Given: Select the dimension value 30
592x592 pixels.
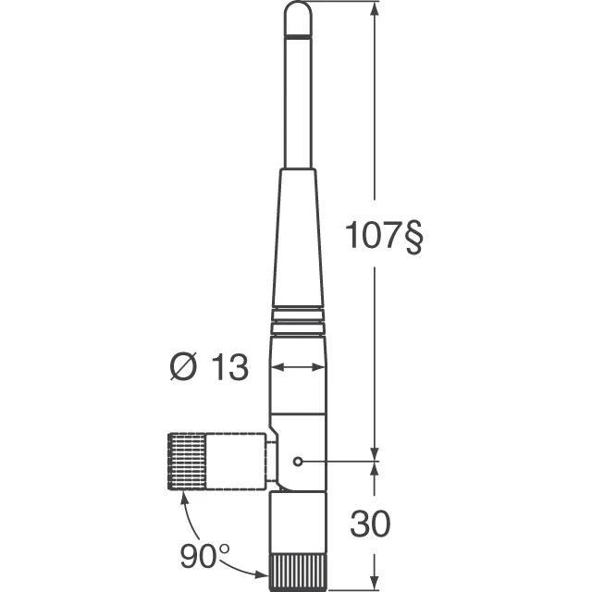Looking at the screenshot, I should click(370, 524).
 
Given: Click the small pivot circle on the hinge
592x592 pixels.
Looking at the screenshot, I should click(297, 461).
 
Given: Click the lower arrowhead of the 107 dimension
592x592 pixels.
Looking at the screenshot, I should click(375, 450).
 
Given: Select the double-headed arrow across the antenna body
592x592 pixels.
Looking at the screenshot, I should click(298, 368).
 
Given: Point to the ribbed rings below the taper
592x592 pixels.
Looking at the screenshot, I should click(298, 320).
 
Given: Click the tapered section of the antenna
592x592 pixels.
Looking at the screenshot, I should click(298, 240).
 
